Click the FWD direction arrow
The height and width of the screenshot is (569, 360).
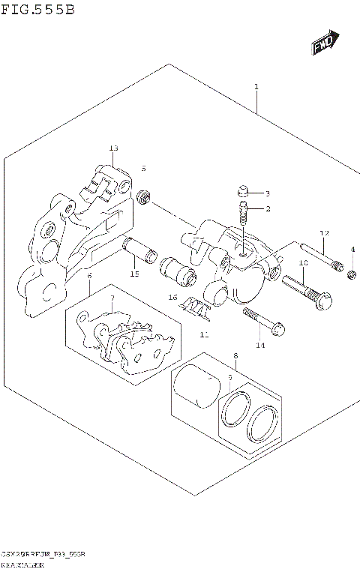coord(325,44)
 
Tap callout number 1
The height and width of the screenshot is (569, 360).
coord(256,88)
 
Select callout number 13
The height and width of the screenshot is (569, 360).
coord(113,148)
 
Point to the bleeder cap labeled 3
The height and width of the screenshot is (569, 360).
coord(241,190)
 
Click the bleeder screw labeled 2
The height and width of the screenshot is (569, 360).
coord(243,214)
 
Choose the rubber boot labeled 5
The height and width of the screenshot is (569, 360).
coord(142,197)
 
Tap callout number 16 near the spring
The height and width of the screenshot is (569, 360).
coord(172,298)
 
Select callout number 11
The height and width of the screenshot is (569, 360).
coord(203,334)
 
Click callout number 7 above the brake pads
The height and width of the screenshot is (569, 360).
coord(111,299)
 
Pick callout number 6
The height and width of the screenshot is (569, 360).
coord(89,276)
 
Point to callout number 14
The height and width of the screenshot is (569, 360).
coord(260,346)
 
